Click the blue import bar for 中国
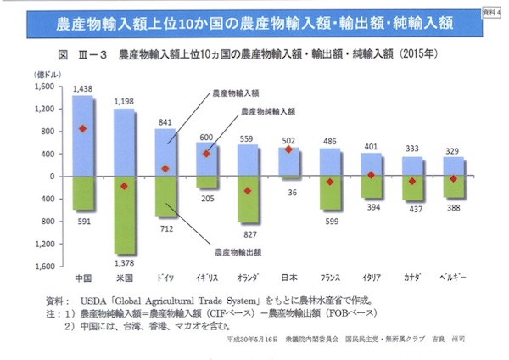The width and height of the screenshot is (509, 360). pos(82,136)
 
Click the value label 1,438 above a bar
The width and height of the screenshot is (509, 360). pos(82,88)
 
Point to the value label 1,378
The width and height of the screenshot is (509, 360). pos(125,265)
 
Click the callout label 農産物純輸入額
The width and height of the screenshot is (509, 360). pos(268,111)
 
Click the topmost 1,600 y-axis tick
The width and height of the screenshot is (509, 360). pos(42,87)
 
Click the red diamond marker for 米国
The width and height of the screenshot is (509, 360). pos(125,186)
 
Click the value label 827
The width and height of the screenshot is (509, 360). pos(249,233)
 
